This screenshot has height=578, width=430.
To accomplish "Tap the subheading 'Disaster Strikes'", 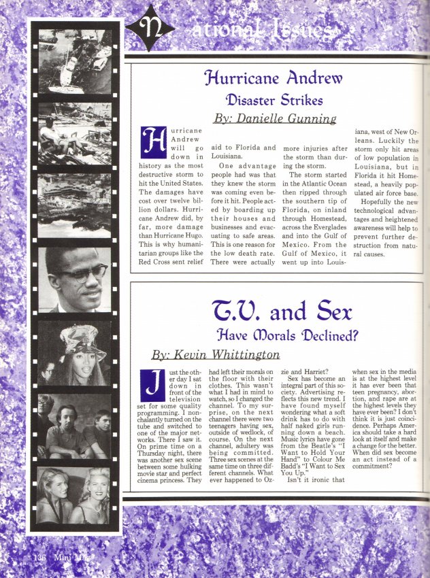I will point(275,101).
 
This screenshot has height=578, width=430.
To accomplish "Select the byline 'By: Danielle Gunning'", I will point(275,118).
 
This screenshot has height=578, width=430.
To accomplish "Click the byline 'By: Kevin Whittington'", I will point(215,354).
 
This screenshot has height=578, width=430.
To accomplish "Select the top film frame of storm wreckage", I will point(75,61).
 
